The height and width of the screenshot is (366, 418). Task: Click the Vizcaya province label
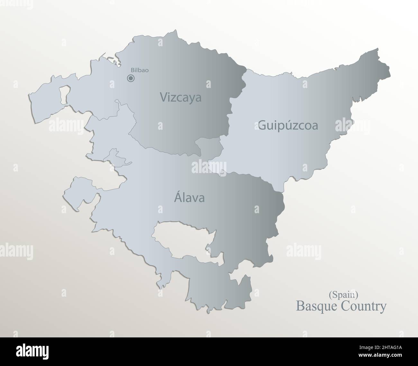181,97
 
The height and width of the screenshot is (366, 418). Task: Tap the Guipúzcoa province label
288,125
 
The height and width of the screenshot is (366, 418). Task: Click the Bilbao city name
140,70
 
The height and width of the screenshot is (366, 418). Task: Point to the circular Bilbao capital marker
131,78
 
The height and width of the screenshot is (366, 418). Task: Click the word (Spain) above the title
343,293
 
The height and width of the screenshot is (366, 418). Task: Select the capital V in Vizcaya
164,97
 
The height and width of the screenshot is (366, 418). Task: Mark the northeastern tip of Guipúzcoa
377,50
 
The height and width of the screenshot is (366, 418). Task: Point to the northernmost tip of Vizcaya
175,31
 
